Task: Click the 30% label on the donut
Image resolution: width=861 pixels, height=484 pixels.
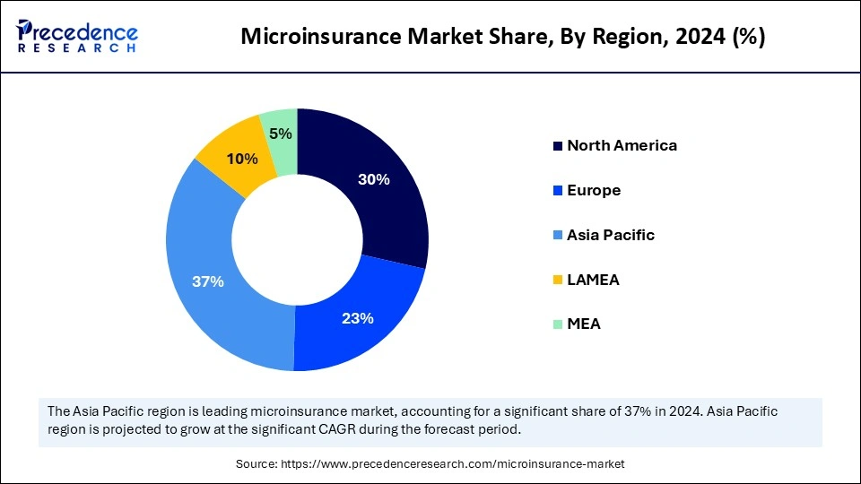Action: [x=374, y=179]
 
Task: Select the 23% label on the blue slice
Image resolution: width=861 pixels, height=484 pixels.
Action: [x=358, y=318]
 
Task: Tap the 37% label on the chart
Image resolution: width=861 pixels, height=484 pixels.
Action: [x=208, y=281]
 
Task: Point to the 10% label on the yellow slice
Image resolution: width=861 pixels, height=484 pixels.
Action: [x=242, y=159]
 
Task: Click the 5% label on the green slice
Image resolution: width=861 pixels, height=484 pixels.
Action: [x=280, y=134]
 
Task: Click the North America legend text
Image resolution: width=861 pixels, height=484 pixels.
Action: [x=622, y=145]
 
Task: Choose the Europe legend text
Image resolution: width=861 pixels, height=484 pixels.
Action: [x=594, y=190]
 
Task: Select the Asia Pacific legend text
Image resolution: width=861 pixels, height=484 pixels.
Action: [x=611, y=235]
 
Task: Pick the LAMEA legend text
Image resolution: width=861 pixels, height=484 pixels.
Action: [x=593, y=280]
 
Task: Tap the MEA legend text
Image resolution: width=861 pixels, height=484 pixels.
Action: [x=584, y=324]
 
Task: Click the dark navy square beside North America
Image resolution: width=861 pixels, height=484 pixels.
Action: [x=558, y=146]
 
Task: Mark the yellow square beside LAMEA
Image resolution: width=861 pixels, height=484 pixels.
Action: [x=558, y=281]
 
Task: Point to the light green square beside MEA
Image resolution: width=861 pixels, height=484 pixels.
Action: [x=558, y=324]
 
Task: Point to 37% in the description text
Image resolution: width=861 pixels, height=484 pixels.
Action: [x=700, y=411]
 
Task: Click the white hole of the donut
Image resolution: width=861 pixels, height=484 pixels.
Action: [x=297, y=239]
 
